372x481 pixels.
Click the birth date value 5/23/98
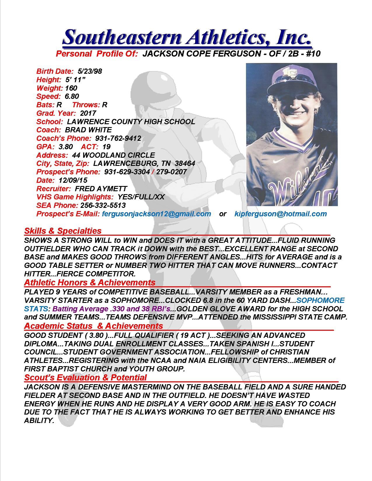90,71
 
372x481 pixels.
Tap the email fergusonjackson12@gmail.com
156,214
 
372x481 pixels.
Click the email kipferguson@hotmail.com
280,214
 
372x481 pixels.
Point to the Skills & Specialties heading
63,231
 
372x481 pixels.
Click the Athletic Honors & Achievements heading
90,282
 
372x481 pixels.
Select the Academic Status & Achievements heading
93,326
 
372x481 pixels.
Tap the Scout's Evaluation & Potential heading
85,378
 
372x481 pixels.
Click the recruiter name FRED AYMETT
101,189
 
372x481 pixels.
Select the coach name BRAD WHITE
88,130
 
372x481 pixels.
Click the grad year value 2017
88,113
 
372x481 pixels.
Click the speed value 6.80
72,96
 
